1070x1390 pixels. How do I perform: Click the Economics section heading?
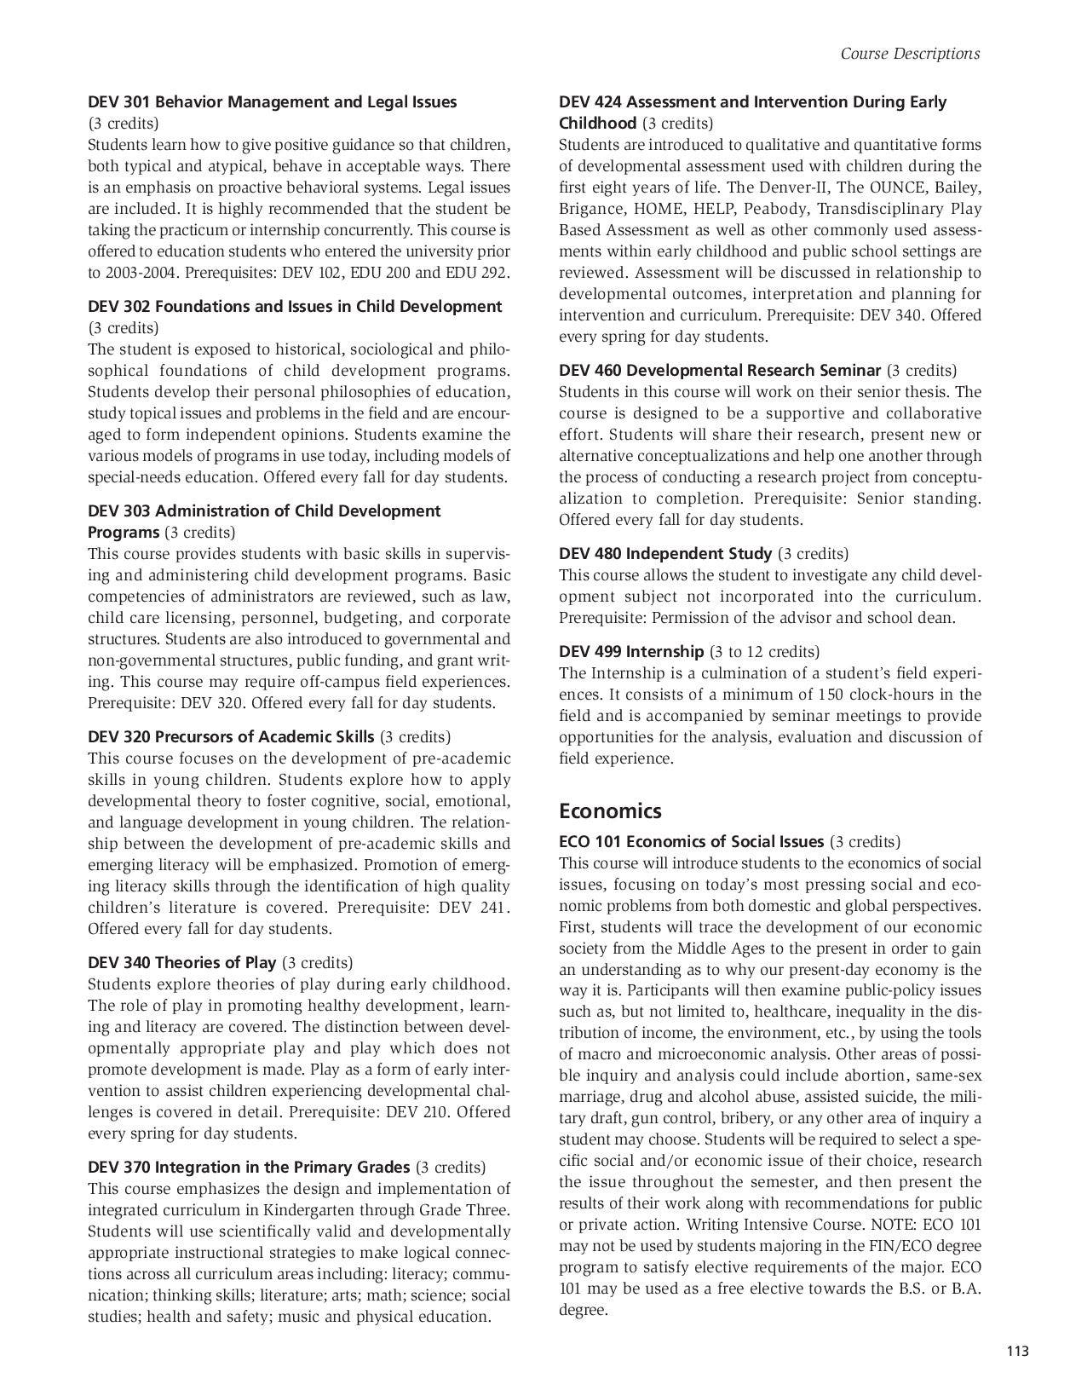tap(610, 810)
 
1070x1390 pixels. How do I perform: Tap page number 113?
tap(1017, 1350)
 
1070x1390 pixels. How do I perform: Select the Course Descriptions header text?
tap(910, 54)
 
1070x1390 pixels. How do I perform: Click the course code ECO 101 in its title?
tap(590, 842)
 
